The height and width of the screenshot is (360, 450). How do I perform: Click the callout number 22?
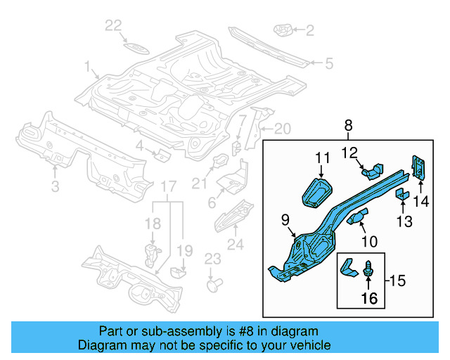[x=113, y=26]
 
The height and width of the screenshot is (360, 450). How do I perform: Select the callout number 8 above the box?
[x=347, y=125]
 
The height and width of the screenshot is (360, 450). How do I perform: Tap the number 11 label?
[x=322, y=159]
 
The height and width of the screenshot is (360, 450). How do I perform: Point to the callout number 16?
[x=369, y=298]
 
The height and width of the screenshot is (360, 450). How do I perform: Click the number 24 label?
[x=236, y=245]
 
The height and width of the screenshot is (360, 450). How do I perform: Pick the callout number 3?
[x=55, y=186]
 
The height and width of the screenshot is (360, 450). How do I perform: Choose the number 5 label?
[x=328, y=64]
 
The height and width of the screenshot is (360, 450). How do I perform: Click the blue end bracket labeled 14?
[x=419, y=169]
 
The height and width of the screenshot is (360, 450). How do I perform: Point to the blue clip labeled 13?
[x=401, y=194]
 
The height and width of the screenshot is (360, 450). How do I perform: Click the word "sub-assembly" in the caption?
[x=172, y=331]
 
